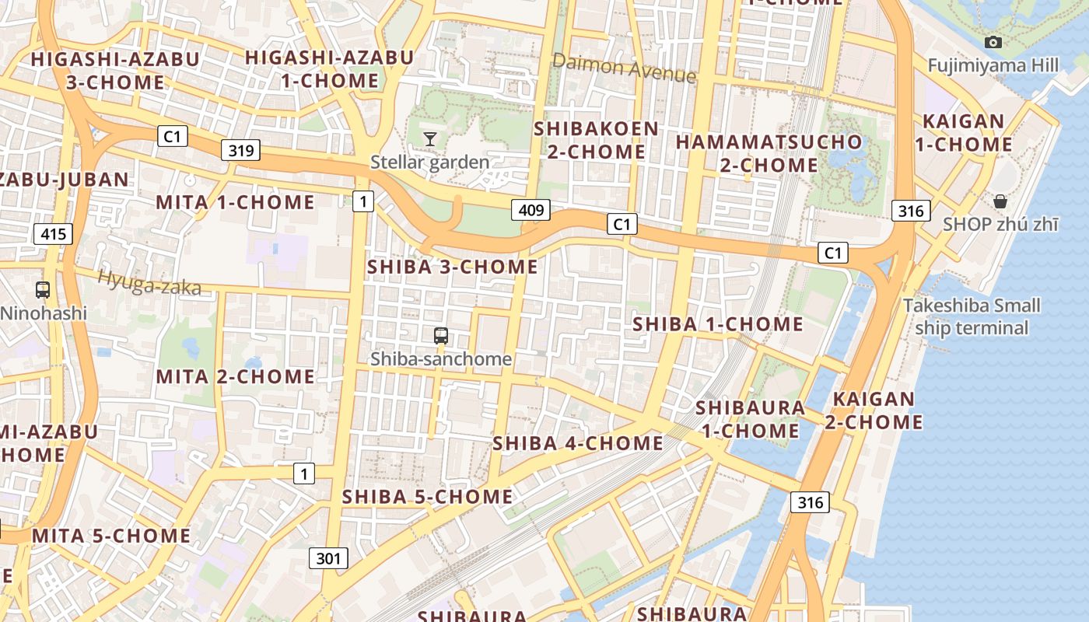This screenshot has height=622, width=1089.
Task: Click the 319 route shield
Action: [240, 151]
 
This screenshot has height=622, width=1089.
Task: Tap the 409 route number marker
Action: [531, 210]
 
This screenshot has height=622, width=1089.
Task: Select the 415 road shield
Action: [54, 233]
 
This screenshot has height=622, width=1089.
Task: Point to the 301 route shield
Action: [328, 557]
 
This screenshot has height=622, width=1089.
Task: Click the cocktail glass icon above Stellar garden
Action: [429, 139]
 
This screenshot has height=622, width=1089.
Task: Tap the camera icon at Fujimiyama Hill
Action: [993, 42]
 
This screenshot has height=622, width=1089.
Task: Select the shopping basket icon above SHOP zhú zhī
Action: [1000, 201]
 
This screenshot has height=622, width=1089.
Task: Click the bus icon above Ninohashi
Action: [43, 290]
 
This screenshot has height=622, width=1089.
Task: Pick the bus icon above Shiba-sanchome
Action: [441, 336]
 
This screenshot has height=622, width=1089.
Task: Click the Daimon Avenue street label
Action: [624, 68]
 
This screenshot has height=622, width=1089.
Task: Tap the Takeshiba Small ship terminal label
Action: [972, 316]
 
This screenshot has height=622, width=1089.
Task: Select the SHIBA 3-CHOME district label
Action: [452, 267]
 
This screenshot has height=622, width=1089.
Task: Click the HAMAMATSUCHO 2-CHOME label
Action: [769, 153]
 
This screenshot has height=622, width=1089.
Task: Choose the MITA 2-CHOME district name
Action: [236, 377]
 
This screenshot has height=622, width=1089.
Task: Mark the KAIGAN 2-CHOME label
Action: [874, 411]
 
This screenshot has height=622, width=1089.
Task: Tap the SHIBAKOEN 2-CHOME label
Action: [596, 140]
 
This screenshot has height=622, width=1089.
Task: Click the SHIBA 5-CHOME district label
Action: [428, 496]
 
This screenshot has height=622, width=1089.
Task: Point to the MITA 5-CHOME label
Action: [111, 536]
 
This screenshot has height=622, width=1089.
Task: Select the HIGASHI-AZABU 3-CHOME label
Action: [115, 71]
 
